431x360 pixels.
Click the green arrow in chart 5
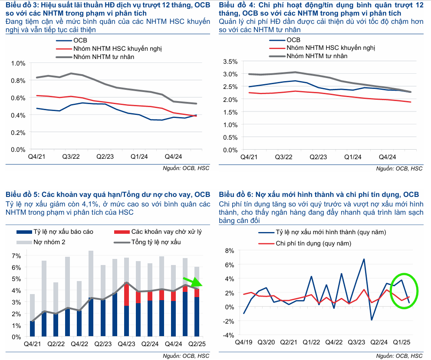(190, 282)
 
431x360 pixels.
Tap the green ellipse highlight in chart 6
(404, 291)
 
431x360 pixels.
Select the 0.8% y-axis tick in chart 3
(19, 80)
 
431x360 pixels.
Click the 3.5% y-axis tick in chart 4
(230, 61)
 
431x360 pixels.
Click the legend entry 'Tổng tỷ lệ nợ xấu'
(156, 242)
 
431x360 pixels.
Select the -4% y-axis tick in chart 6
(229, 335)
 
